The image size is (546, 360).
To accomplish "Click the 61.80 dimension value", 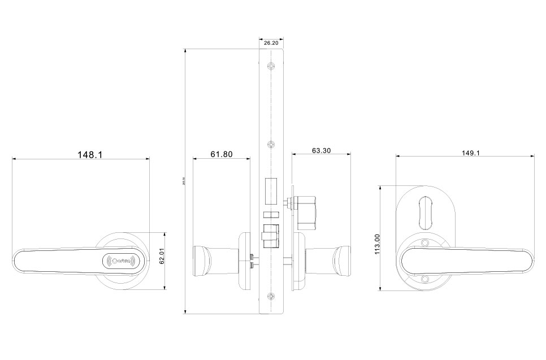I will click(x=222, y=154).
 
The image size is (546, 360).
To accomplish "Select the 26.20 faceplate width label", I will click(x=271, y=42).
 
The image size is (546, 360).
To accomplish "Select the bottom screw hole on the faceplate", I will click(x=271, y=297).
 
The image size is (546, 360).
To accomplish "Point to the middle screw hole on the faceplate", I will click(x=271, y=144).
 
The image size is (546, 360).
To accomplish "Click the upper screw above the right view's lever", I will click(x=426, y=244).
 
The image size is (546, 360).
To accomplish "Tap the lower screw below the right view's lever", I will click(x=426, y=279).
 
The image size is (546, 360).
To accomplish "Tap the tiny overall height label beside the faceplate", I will click(x=184, y=181).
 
